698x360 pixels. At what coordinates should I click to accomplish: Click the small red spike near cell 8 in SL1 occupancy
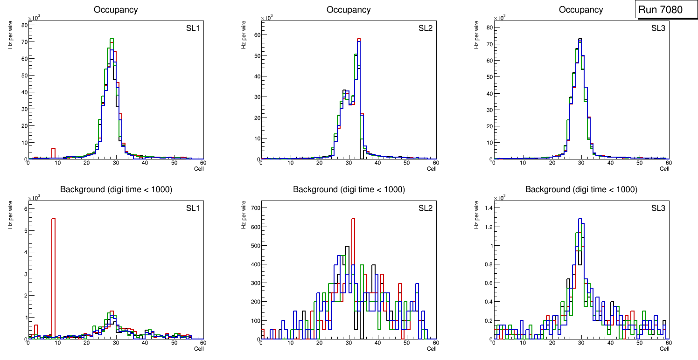[53, 149]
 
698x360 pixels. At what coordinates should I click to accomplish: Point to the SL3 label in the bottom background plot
[658, 208]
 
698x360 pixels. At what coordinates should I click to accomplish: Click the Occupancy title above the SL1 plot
[116, 10]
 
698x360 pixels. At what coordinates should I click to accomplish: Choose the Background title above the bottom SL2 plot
[349, 189]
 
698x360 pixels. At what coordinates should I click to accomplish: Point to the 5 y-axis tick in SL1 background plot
[24, 230]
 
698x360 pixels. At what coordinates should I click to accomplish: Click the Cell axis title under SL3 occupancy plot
[664, 169]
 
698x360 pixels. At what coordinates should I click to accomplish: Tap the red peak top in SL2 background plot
[353, 219]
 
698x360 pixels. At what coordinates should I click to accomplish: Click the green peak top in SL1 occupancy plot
[112, 39]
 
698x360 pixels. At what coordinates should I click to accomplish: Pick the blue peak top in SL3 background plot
[580, 219]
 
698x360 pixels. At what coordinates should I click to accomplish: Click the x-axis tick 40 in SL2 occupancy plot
[377, 163]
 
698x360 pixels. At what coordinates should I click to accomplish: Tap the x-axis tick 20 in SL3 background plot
[552, 343]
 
